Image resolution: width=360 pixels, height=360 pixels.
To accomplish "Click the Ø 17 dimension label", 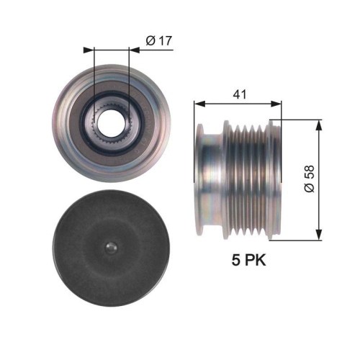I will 157,41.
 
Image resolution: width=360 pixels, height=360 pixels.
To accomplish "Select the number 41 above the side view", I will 237,92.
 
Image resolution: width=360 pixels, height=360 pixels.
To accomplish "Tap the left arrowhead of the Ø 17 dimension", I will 89,50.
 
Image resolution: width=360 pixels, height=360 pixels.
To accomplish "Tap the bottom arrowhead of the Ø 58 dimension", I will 318,235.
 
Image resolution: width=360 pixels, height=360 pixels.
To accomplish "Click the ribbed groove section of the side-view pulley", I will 248,180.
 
